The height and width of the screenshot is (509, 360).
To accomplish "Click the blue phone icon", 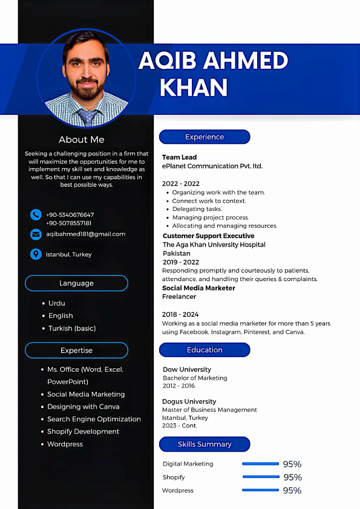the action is (36, 215).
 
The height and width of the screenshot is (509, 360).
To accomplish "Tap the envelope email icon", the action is (36, 234).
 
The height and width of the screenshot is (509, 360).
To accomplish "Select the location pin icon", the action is (36, 254).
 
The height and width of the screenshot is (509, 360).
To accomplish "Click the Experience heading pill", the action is (205, 137).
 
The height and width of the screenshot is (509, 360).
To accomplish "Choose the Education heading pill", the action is (205, 350).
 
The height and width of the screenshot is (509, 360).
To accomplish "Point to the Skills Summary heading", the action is (205, 444).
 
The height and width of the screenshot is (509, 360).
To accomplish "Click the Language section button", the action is (76, 283).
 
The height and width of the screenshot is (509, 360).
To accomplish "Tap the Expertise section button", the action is (76, 351).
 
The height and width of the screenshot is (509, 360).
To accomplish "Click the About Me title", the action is (81, 140).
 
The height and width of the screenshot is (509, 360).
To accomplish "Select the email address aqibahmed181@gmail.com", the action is (86, 234).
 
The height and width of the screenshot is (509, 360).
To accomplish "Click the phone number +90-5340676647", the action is (70, 215).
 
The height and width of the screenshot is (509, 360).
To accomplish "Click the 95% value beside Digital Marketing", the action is (292, 464).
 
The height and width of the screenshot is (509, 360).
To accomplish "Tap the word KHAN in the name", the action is (193, 88).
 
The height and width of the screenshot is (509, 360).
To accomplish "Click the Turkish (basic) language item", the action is (72, 328).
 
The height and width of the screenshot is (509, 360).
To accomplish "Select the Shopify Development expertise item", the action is (83, 432).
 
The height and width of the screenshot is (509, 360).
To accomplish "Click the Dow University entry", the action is (187, 369).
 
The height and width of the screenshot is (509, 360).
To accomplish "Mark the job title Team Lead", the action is (180, 157).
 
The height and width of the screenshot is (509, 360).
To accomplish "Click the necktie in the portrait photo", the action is (88, 117).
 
